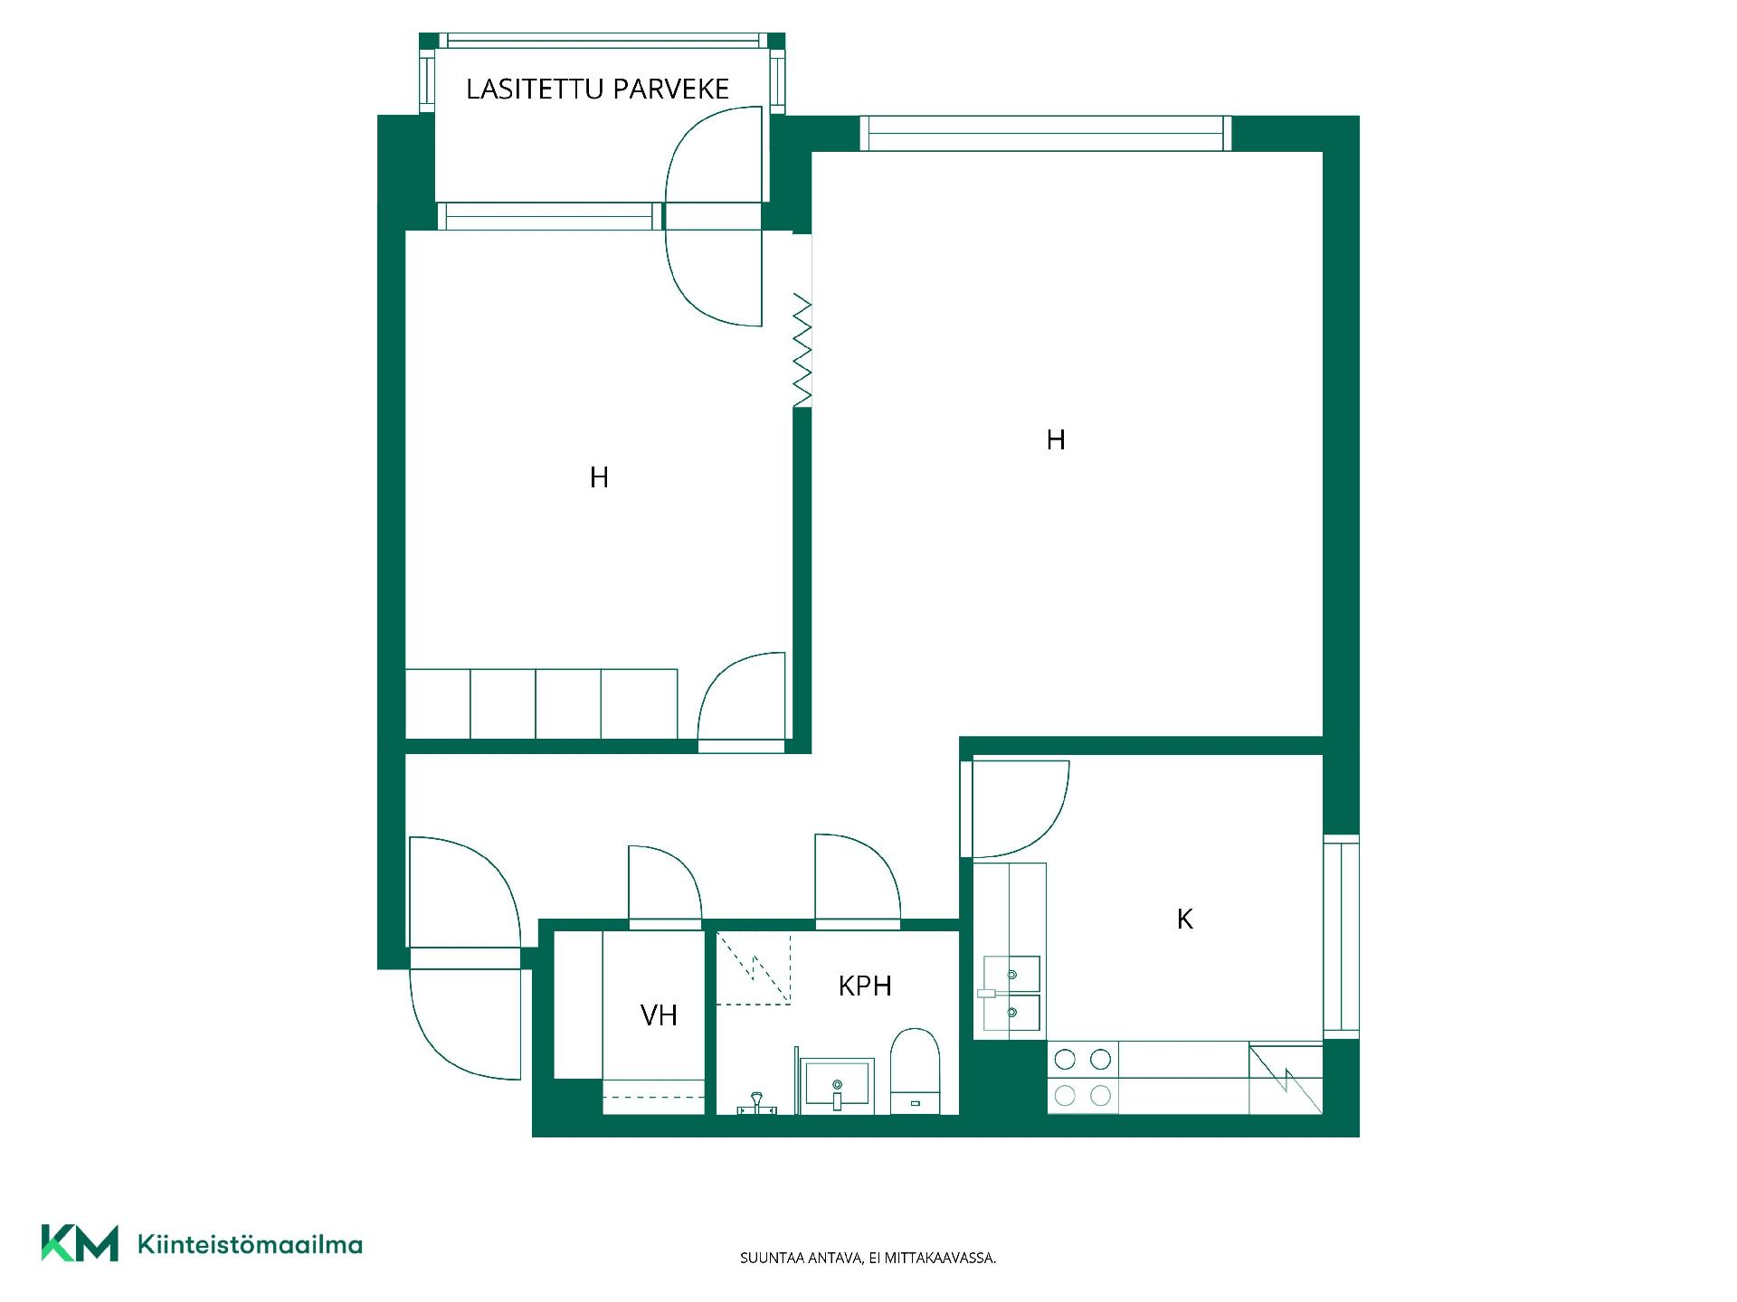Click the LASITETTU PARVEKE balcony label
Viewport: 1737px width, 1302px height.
tap(597, 89)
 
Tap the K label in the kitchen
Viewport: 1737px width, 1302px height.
tap(1185, 919)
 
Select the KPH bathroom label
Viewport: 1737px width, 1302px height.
tap(865, 986)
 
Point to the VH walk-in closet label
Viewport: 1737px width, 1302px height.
tap(659, 1015)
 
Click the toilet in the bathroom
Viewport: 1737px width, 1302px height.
tap(915, 1071)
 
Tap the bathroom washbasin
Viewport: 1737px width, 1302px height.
tap(837, 1085)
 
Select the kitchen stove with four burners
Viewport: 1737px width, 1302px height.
tap(1083, 1078)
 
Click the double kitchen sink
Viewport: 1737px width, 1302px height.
tap(1011, 995)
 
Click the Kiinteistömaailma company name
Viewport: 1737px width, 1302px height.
tap(250, 1244)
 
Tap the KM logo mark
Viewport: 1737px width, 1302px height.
tap(80, 1243)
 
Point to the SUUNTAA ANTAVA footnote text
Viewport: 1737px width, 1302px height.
tap(868, 1258)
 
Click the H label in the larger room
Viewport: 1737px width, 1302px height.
tap(1055, 439)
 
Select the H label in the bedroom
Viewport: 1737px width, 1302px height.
tap(599, 477)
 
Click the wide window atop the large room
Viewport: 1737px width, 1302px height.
tap(1045, 133)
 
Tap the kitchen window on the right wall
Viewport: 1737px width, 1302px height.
tap(1341, 936)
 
